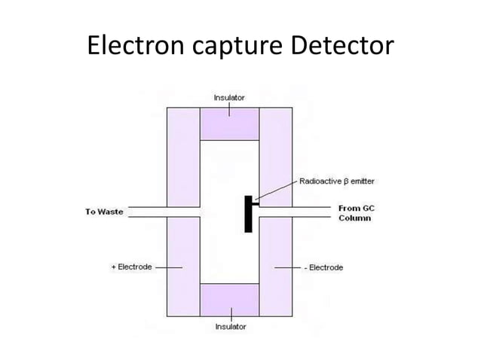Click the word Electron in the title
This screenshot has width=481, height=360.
[133, 47]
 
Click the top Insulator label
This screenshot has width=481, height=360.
[230, 97]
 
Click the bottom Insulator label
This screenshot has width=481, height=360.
[230, 327]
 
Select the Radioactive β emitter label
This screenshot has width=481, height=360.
[336, 182]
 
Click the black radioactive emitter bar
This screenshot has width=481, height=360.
[247, 214]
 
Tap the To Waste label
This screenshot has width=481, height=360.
[104, 212]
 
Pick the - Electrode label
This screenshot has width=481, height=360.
[323, 267]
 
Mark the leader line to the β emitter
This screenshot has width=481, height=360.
[277, 191]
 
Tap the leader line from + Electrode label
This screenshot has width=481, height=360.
[169, 267]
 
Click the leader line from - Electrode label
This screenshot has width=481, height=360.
[288, 267]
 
